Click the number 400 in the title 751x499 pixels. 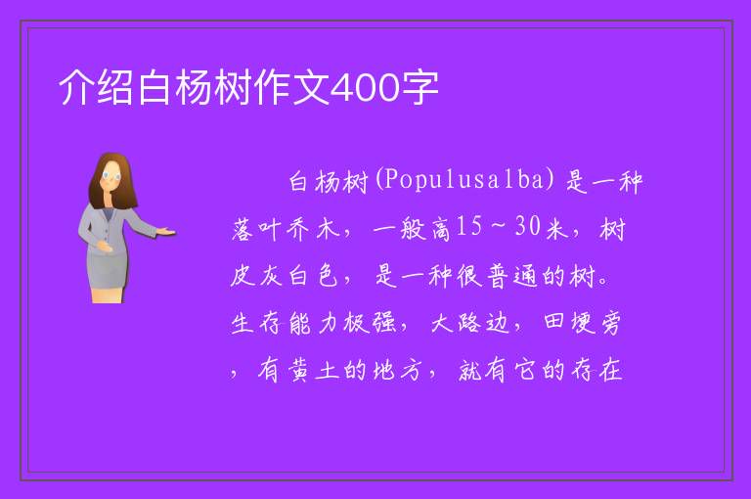pyautogui.click(x=365, y=88)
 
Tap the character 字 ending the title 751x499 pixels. pyautogui.click(x=420, y=88)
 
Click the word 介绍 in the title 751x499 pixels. pyautogui.click(x=96, y=88)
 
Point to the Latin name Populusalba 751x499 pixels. pyautogui.click(x=464, y=180)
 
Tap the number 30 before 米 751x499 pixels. pyautogui.click(x=528, y=226)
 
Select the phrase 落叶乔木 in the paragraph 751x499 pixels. pyautogui.click(x=286, y=228)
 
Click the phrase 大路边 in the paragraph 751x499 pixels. pyautogui.click(x=469, y=322)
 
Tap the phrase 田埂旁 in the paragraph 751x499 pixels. pyautogui.click(x=583, y=322)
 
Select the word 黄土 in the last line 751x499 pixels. pyautogui.click(x=313, y=370)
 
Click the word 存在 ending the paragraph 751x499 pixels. pyautogui.click(x=596, y=370)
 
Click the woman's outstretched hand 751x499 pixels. pyautogui.click(x=165, y=232)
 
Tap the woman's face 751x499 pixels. pyautogui.click(x=111, y=176)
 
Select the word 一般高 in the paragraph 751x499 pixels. pyautogui.click(x=412, y=228)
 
